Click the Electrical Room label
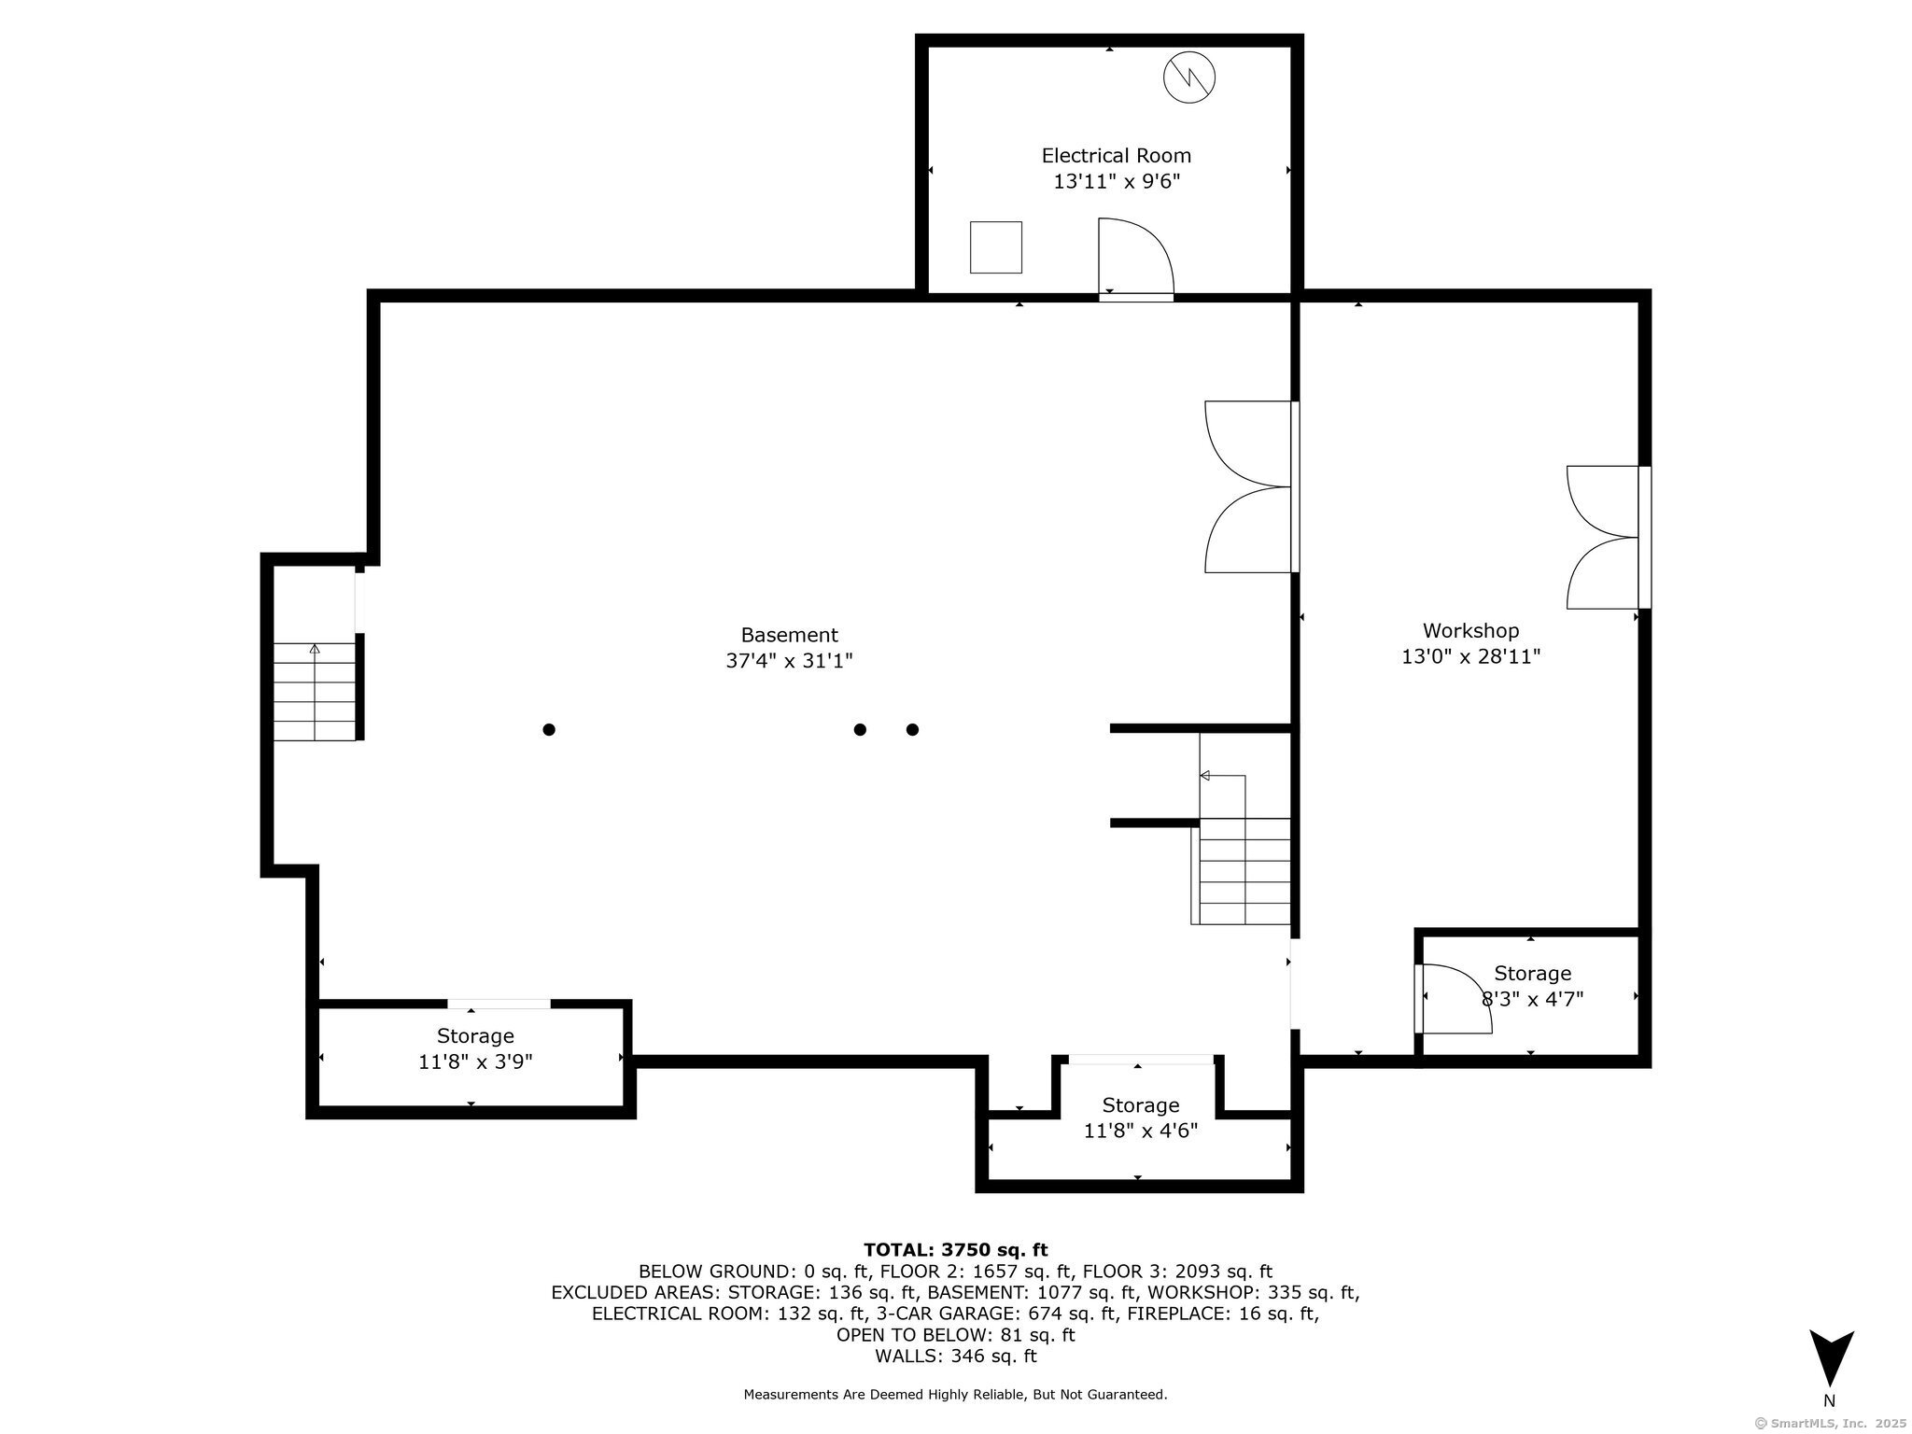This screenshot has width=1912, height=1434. click(1117, 156)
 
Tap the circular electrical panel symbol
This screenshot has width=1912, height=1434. click(1189, 77)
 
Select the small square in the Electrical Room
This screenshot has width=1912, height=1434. click(996, 247)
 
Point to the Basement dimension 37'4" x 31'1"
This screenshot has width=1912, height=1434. click(790, 661)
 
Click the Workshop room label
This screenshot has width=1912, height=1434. click(1470, 631)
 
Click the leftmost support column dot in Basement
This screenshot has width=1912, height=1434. click(549, 729)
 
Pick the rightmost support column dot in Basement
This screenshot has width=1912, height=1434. click(912, 729)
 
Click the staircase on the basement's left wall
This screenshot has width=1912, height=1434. click(315, 692)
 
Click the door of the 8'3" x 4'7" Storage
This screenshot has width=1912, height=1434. click(1453, 998)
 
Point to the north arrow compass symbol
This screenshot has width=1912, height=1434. click(1831, 1358)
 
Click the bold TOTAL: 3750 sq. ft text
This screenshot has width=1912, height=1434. click(956, 1250)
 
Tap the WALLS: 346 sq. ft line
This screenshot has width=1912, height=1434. click(956, 1357)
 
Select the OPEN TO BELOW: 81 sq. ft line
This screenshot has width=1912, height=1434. click(956, 1335)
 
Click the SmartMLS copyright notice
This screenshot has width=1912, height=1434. click(1831, 1424)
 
